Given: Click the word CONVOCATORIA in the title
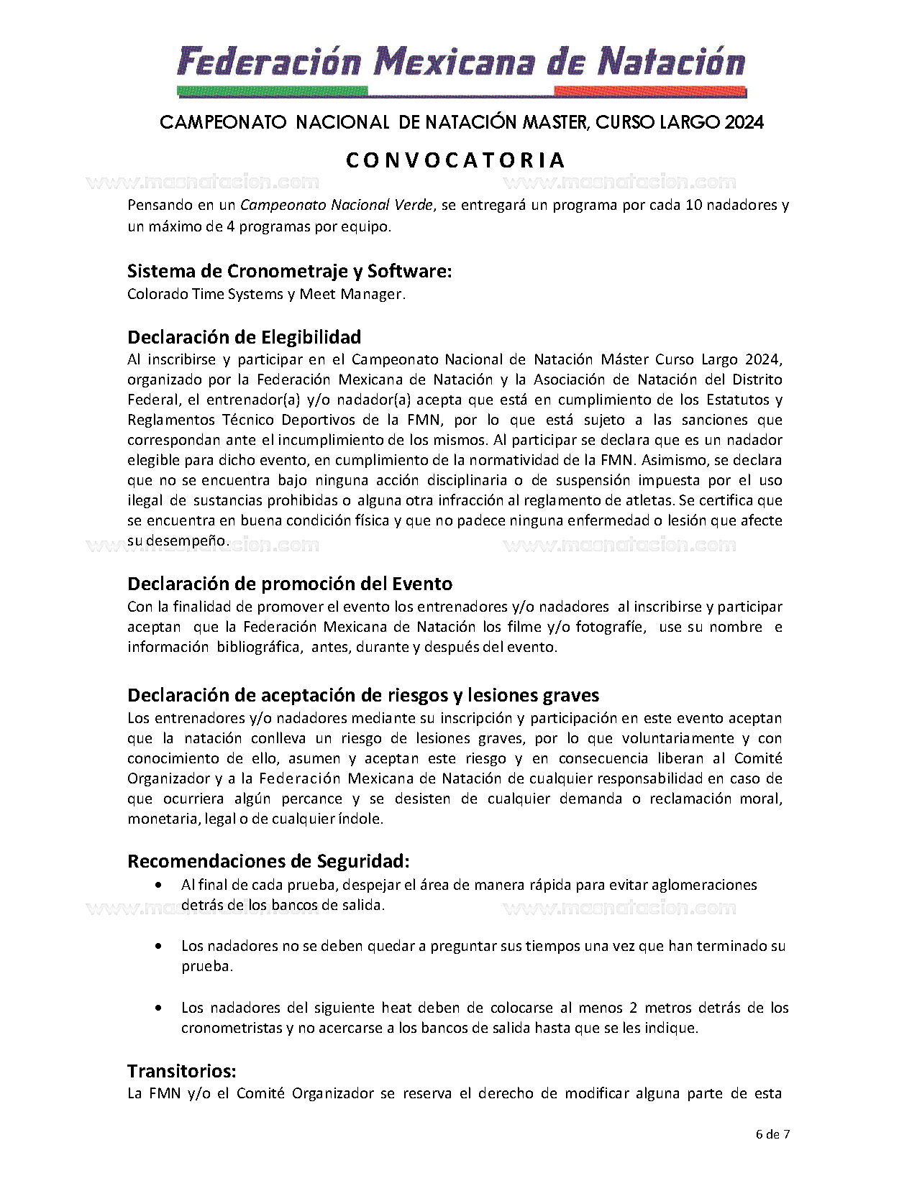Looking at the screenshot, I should coord(456,160).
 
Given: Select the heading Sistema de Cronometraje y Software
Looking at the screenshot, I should coord(289,271).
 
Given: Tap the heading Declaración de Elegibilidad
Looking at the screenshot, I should coord(244,337).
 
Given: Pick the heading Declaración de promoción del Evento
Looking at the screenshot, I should coord(289,583).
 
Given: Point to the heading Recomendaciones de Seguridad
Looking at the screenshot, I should coord(268,860).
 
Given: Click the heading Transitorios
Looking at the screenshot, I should coord(181,1071).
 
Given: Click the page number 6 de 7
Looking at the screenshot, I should coord(772,1135).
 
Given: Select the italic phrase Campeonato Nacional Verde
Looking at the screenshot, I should coord(337,205).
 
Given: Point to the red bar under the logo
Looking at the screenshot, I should coord(650,91).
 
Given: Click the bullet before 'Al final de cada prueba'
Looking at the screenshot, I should coord(158,885).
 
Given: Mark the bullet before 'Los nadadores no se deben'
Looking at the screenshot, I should coord(158,947).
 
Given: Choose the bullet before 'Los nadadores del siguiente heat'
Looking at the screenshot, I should coord(158,1008).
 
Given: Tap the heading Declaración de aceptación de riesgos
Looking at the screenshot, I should coord(363,695).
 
